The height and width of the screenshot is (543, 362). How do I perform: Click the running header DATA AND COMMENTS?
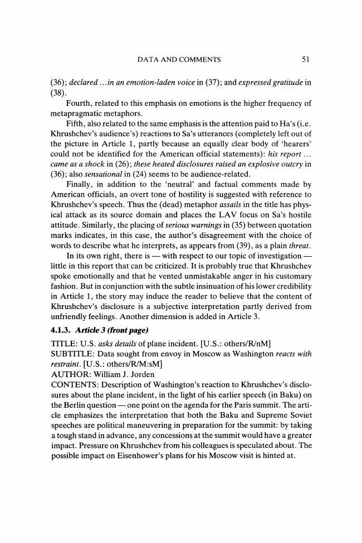coord(180,58)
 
